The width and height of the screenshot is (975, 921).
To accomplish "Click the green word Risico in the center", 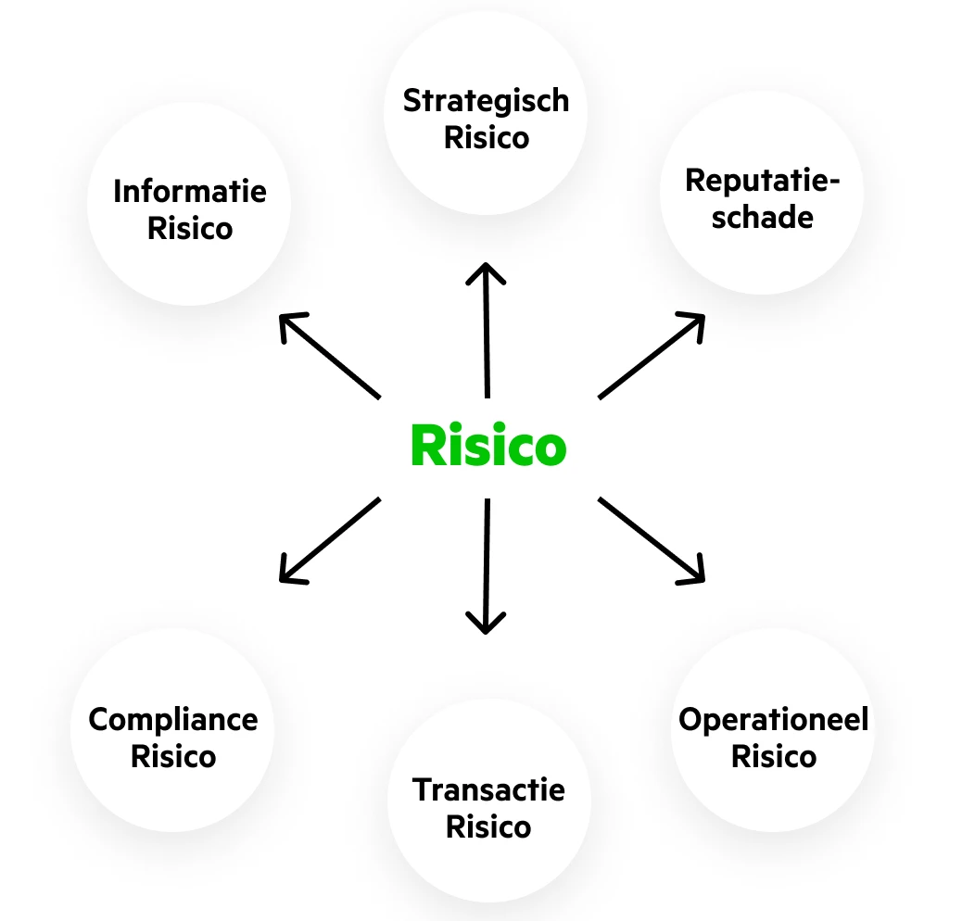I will tap(487, 446).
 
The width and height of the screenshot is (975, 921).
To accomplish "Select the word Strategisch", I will tap(486, 101).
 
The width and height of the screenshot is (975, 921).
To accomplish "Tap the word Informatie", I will tap(190, 192).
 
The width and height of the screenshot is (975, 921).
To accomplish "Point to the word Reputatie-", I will tap(762, 181).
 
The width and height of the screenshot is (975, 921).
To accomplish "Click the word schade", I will tap(762, 217).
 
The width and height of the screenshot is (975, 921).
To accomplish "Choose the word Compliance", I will tap(173, 719).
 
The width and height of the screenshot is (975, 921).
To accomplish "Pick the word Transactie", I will tap(488, 790).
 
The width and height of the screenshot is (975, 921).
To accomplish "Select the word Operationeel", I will tap(774, 719).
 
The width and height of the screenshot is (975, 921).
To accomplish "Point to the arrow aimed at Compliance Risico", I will tap(330, 540).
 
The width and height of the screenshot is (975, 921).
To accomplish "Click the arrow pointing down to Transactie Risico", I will tap(486, 565).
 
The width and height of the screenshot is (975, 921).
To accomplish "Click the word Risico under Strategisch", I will tap(487, 137).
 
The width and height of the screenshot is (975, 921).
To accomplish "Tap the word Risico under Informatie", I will tap(190, 228).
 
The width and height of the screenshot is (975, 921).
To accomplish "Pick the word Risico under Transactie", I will tap(488, 826).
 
